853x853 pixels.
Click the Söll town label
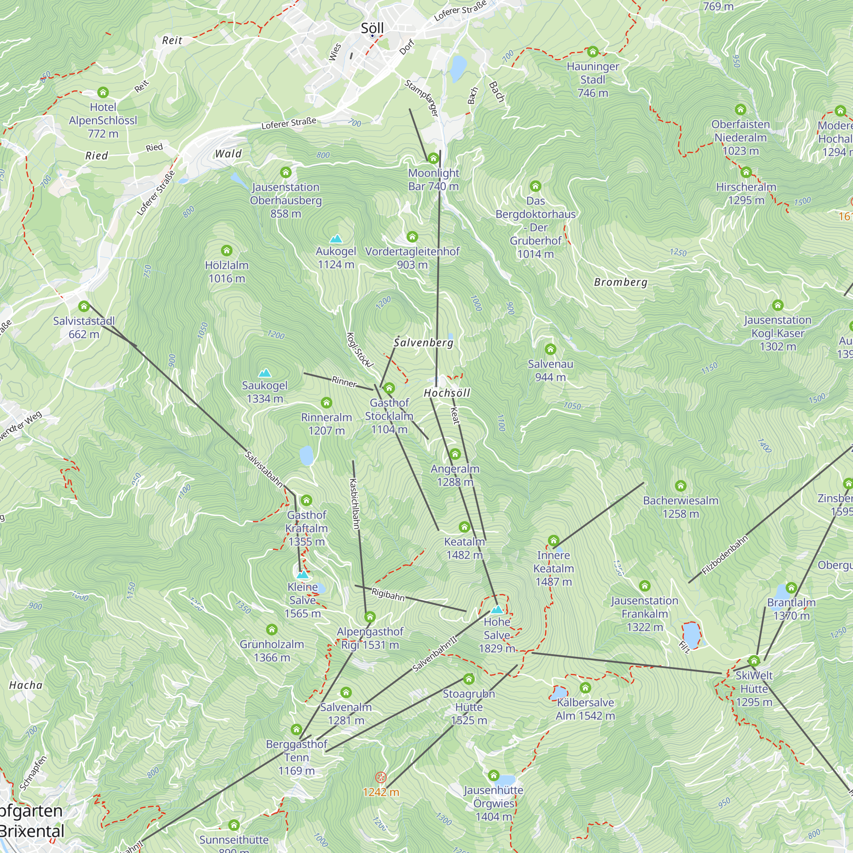click(x=372, y=28)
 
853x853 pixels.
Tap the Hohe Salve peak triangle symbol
click(x=497, y=610)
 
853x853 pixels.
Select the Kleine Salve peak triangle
click(x=302, y=574)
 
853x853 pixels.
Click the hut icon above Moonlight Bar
click(x=433, y=158)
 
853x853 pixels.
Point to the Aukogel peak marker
click(x=336, y=239)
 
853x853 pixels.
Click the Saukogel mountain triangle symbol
click(x=264, y=373)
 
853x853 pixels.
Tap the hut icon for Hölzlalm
click(x=226, y=251)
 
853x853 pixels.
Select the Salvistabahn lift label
click(x=264, y=469)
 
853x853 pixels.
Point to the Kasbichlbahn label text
click(x=354, y=503)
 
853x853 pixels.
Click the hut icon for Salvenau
click(x=550, y=350)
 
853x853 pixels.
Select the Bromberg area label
click(x=620, y=282)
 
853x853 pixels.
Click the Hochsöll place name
click(x=447, y=393)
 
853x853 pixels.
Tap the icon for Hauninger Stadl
click(x=592, y=52)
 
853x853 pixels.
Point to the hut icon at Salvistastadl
click(x=84, y=306)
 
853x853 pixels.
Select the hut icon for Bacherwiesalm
click(x=680, y=486)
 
